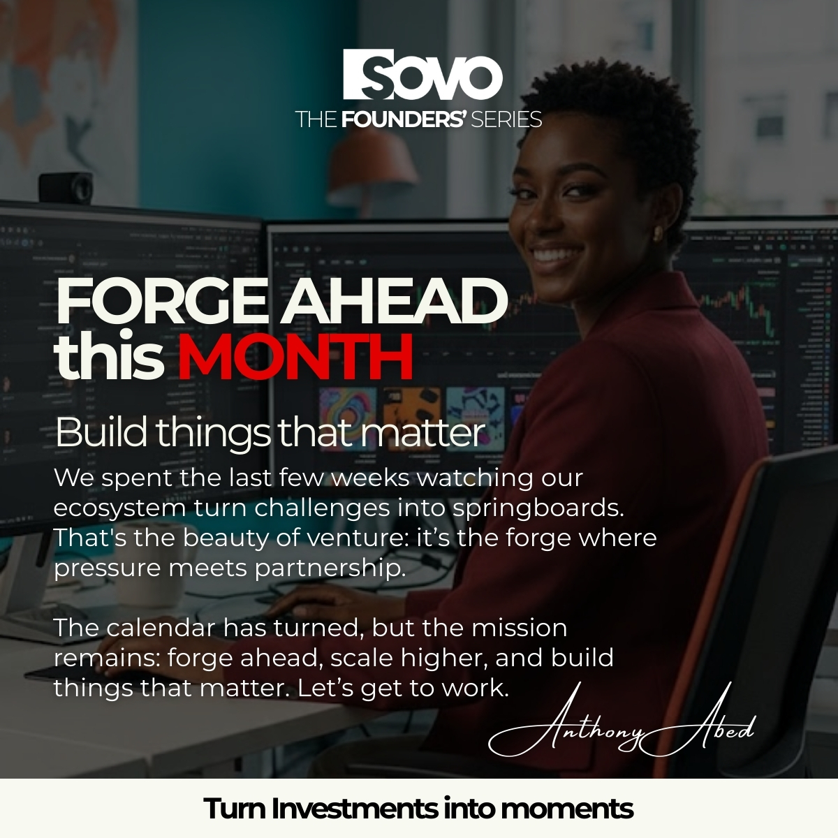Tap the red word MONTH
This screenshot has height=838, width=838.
point(294,358)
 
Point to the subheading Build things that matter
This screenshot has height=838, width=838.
point(269,433)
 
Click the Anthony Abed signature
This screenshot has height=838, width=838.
point(622,730)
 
